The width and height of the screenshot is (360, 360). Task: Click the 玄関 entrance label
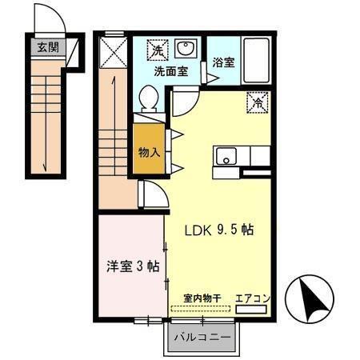47,46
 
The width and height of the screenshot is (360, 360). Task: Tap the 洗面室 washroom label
170,70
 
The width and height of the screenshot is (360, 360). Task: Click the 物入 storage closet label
149,151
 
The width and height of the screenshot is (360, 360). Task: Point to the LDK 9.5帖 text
220,229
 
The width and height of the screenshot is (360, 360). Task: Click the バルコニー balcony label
203,337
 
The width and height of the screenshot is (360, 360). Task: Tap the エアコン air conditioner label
253,298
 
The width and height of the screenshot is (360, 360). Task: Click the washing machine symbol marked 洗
157,50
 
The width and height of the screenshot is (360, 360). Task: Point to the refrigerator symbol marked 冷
258,102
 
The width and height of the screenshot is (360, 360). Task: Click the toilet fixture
148,99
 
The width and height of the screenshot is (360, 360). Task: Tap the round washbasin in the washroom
186,46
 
